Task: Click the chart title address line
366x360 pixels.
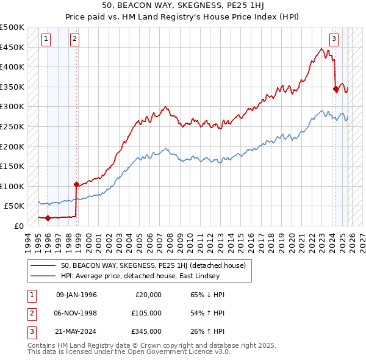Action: [x=183, y=6]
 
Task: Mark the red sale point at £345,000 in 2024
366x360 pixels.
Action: [x=335, y=89]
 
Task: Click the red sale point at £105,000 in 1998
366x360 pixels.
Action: [x=76, y=184]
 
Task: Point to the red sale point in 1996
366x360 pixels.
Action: [x=48, y=218]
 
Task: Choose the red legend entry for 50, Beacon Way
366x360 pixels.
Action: [x=152, y=265]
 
